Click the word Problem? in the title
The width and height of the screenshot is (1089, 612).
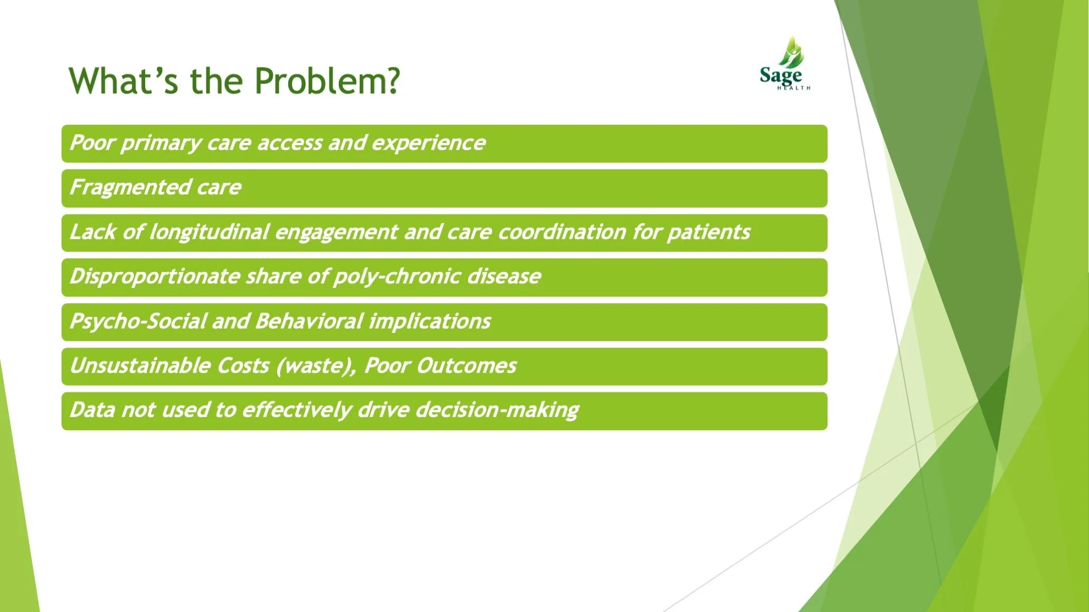327,81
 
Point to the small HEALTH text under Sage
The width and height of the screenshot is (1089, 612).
794,88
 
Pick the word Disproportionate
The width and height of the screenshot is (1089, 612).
155,277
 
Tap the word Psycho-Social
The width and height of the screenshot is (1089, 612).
138,321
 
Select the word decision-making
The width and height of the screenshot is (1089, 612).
497,410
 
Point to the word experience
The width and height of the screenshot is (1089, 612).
428,143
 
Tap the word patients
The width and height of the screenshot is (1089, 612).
708,232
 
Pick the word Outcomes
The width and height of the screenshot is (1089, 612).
466,366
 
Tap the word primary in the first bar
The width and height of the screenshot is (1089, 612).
161,143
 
